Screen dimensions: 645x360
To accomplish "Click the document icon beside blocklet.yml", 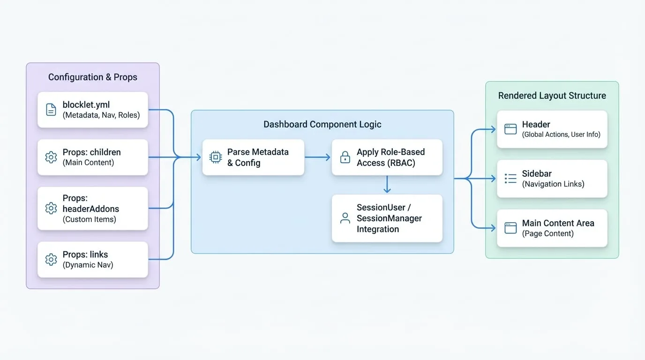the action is (51, 110).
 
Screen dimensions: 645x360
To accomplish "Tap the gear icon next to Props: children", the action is (51, 157).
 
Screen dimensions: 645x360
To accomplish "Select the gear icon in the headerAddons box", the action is (51, 208).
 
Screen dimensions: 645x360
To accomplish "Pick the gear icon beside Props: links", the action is (51, 260).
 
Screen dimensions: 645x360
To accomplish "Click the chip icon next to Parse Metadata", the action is (215, 157).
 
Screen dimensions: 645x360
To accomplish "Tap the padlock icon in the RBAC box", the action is (345, 157).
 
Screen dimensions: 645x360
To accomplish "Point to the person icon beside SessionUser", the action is (345, 218).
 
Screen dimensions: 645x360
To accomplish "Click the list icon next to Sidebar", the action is (510, 179).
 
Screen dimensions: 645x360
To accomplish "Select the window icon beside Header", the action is (510, 129).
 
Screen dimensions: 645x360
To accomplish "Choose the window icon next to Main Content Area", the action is (510, 228).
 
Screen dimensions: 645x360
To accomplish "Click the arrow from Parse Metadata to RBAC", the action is (317, 157).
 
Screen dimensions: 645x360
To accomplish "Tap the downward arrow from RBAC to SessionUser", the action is (387, 184).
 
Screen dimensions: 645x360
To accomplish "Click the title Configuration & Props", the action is (93, 77).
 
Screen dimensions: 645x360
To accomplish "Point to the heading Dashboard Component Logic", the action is (322, 124).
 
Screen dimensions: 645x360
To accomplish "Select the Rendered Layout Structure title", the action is (552, 96).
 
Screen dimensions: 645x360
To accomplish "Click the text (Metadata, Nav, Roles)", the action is (101, 115).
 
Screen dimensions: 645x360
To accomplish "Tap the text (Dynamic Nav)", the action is (88, 265).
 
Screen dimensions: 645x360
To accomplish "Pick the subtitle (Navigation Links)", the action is (553, 184).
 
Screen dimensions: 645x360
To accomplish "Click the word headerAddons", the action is (91, 209).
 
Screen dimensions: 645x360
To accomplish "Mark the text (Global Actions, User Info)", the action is (561, 135).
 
